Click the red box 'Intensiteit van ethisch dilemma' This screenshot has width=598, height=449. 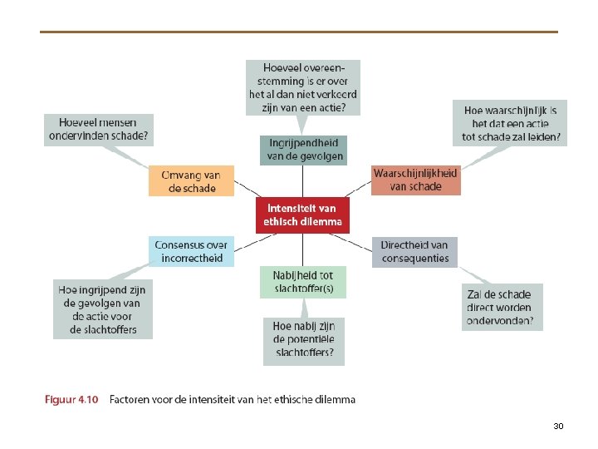(x=303, y=215)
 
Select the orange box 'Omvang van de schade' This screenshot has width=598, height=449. (x=192, y=181)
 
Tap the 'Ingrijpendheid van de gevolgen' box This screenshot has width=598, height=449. (x=303, y=150)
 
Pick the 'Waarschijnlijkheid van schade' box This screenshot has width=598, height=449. (x=415, y=180)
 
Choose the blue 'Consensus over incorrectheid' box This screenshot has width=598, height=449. (x=192, y=251)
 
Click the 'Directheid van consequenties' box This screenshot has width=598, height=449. (x=414, y=251)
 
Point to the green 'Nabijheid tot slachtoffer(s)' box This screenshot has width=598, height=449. (x=303, y=282)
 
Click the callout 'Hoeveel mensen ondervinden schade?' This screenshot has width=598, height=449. (x=99, y=130)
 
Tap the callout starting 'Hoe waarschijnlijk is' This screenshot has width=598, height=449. (x=511, y=123)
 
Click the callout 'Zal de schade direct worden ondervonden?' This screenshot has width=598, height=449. (x=501, y=308)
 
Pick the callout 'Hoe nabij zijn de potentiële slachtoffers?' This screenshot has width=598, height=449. (x=303, y=341)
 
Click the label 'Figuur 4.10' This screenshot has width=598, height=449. (x=71, y=400)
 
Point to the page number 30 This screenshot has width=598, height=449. (x=558, y=426)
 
